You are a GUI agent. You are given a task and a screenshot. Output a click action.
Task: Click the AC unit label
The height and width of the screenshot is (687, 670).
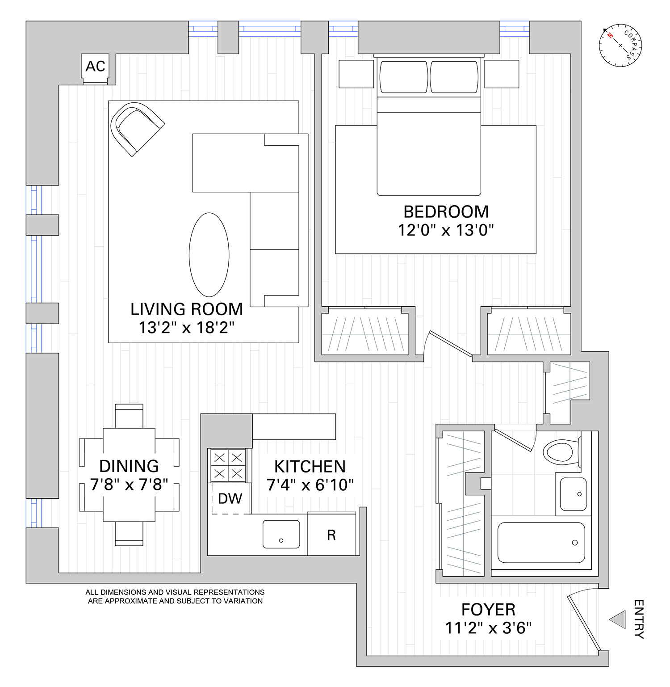click(95, 66)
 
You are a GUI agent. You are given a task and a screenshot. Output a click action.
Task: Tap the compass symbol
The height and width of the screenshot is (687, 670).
click(620, 46)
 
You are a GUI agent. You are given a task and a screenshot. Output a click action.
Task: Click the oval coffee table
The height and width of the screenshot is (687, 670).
click(209, 254)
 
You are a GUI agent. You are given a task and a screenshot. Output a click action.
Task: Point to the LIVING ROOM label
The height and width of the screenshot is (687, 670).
click(187, 309)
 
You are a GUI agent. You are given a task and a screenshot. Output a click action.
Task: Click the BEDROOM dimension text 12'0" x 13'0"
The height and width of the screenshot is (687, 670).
click(446, 230)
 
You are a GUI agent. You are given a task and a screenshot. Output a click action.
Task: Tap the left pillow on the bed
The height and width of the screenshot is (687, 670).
click(404, 77)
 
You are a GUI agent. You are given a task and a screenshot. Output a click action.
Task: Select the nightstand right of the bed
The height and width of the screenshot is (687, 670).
click(502, 74)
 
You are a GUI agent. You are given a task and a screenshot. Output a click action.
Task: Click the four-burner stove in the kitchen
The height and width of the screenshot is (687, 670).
click(228, 465)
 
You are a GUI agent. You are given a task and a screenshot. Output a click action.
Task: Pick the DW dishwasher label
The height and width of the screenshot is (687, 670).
click(230, 498)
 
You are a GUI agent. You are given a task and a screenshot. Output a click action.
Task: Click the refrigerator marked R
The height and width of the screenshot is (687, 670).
click(331, 535)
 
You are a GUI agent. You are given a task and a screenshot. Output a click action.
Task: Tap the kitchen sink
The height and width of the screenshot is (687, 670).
click(281, 534)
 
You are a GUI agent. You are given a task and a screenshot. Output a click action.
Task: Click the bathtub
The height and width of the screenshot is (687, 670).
click(541, 543)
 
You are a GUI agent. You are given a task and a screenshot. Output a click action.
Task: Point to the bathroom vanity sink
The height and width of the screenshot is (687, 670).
click(573, 494)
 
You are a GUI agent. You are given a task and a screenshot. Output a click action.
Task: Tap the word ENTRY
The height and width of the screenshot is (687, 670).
click(639, 620)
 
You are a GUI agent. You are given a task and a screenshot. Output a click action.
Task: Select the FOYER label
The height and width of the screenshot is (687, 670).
click(488, 610)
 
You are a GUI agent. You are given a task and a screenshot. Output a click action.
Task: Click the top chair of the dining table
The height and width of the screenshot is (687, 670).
click(129, 416)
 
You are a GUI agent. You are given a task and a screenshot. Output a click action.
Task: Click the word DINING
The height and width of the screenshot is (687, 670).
click(129, 466)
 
